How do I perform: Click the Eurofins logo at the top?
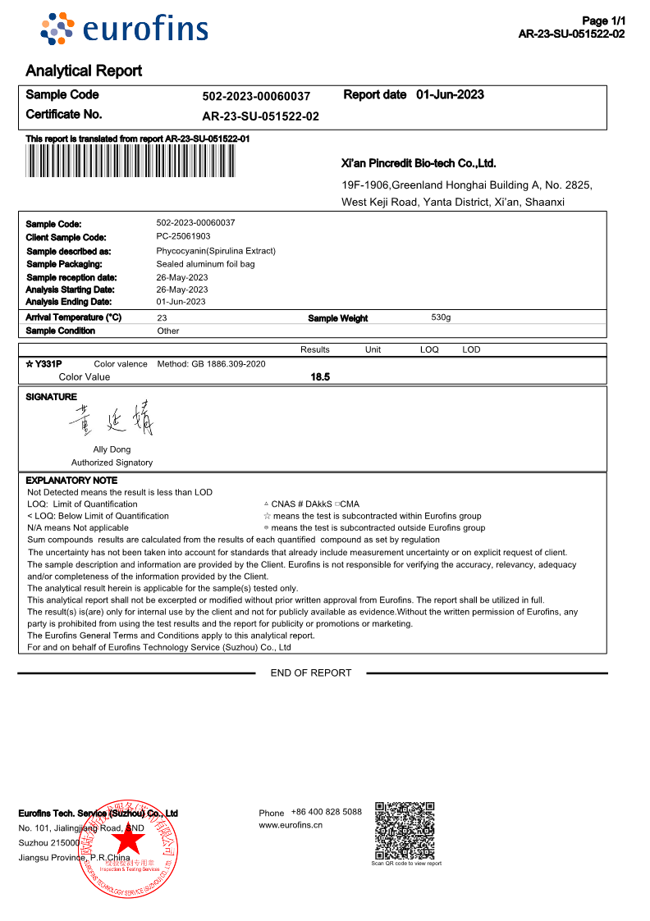pyautogui.click(x=125, y=30)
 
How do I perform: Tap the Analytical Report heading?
pyautogui.click(x=84, y=71)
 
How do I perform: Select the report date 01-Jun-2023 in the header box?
pyautogui.click(x=450, y=95)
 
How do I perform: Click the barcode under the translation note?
pyautogui.click(x=130, y=162)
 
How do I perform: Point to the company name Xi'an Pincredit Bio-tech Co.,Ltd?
pyautogui.click(x=419, y=163)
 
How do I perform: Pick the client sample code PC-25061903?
pyautogui.click(x=183, y=236)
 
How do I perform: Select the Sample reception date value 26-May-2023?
pyautogui.click(x=182, y=277)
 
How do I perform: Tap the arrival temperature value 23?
pyautogui.click(x=162, y=317)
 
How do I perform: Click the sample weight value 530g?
pyautogui.click(x=441, y=317)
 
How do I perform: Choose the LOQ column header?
pyautogui.click(x=429, y=349)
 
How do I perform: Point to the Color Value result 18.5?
pyautogui.click(x=320, y=377)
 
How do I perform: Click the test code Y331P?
pyautogui.click(x=48, y=364)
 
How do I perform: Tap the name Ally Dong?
pyautogui.click(x=112, y=449)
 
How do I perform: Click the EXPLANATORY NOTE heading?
pyautogui.click(x=71, y=481)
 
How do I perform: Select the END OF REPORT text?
pyautogui.click(x=311, y=673)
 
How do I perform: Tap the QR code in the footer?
pyautogui.click(x=405, y=831)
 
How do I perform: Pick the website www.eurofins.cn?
pyautogui.click(x=291, y=825)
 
